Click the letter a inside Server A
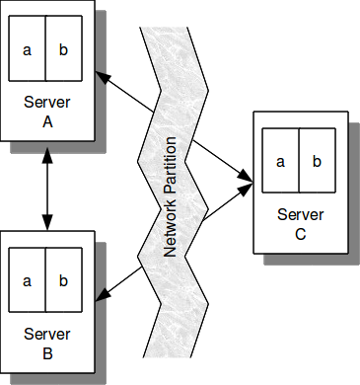pyautogui.click(x=28, y=48)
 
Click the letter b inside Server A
pyautogui.click(x=63, y=48)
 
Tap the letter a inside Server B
pyautogui.click(x=28, y=280)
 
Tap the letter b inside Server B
pyautogui.click(x=63, y=280)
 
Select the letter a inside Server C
pyautogui.click(x=281, y=162)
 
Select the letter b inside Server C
pyautogui.click(x=317, y=162)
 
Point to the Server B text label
pyautogui.click(x=45, y=343)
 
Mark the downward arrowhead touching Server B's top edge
pyautogui.click(x=45, y=224)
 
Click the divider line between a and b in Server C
pyautogui.click(x=299, y=162)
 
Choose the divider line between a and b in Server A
pyautogui.click(x=45, y=48)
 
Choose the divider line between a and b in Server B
pyautogui.click(x=45, y=280)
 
